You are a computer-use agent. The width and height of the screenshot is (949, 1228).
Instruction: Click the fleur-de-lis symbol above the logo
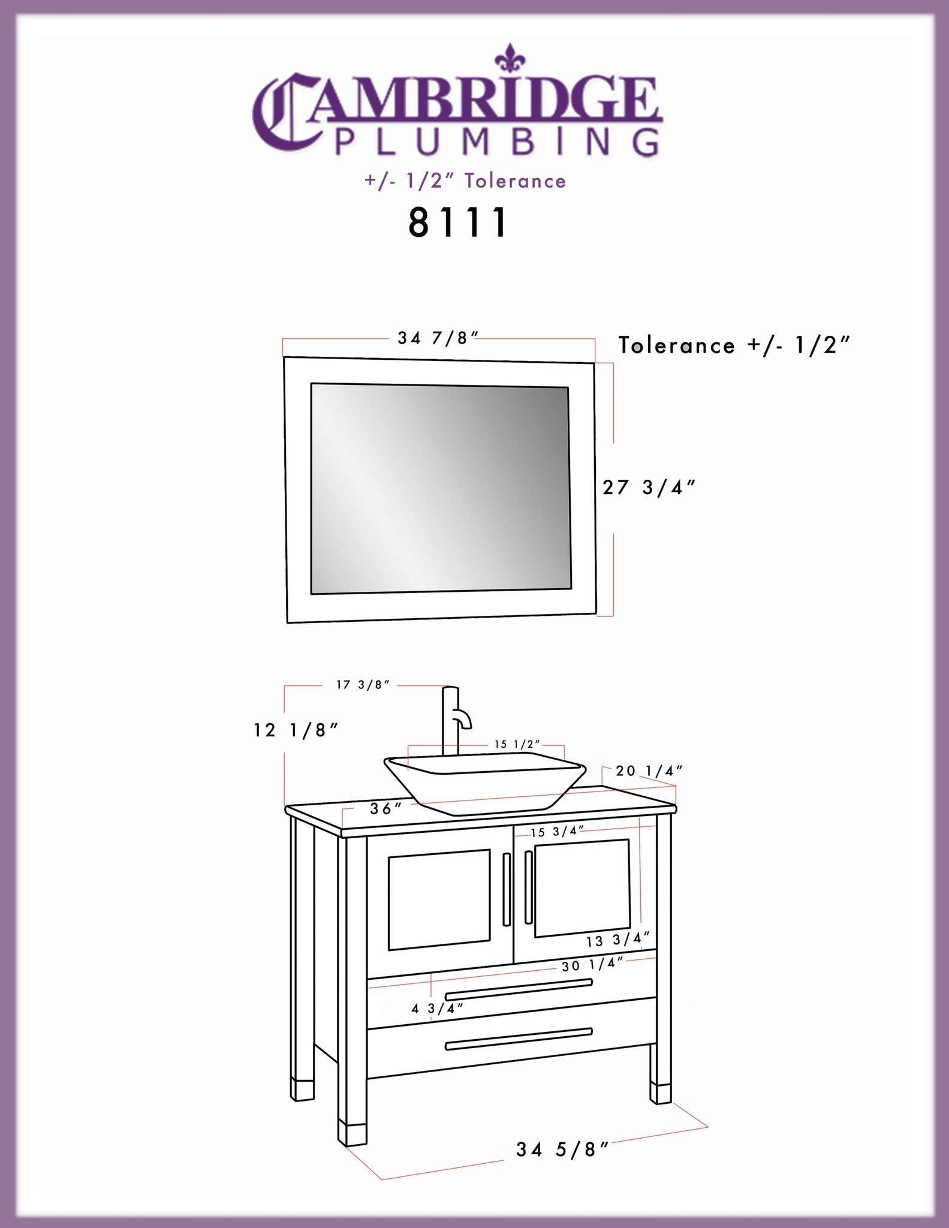click(x=511, y=58)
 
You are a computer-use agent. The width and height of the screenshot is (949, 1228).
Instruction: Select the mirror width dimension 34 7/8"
click(x=438, y=338)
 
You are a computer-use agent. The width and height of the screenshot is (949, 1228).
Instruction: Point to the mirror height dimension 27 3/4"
click(x=649, y=487)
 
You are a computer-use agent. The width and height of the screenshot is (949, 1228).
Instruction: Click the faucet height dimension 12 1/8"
click(x=296, y=730)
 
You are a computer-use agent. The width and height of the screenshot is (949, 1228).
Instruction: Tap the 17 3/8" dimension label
click(x=363, y=685)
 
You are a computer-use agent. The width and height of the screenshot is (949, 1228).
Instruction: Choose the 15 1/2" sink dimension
click(x=517, y=744)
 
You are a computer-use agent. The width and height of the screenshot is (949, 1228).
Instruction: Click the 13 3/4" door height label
click(x=618, y=940)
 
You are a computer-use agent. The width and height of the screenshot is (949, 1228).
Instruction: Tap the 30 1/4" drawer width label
click(x=593, y=965)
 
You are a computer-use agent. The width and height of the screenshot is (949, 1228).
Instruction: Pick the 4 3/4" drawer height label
click(x=438, y=1009)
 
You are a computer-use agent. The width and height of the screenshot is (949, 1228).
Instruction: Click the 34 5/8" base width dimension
click(x=563, y=1149)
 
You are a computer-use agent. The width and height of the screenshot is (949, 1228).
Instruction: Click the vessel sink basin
click(x=484, y=782)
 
